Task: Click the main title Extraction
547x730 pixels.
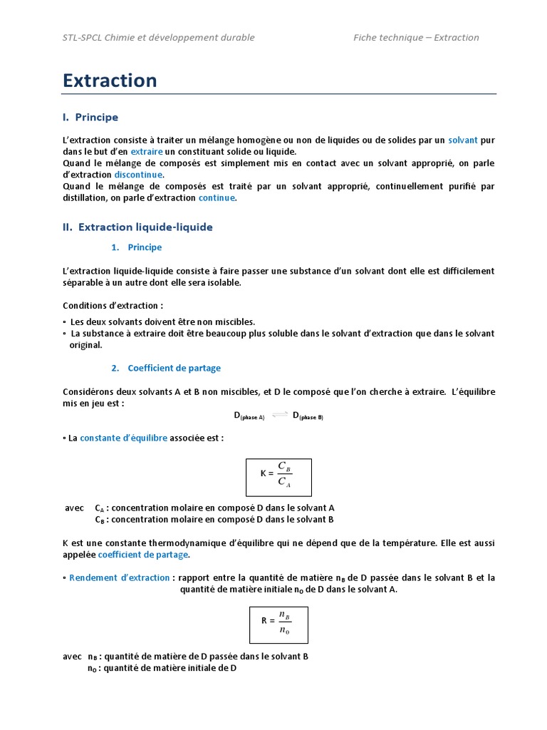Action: (110, 81)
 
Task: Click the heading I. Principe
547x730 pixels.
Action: (90, 117)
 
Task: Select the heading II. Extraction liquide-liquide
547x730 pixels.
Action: (137, 227)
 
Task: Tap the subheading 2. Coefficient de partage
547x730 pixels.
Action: (174, 368)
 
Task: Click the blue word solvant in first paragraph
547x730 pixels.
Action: (463, 140)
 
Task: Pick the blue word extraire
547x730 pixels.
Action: (147, 151)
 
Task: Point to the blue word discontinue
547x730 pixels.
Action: (138, 175)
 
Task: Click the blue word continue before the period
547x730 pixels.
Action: (217, 197)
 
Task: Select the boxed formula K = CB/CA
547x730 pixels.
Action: (278, 477)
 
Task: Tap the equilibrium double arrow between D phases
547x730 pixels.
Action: (279, 416)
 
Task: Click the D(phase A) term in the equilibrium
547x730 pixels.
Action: (249, 416)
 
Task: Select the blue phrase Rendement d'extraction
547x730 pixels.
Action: (120, 577)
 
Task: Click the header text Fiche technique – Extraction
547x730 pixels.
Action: (416, 38)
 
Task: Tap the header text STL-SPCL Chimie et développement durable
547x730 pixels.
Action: (159, 38)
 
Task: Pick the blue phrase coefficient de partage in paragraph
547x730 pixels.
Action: (143, 554)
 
